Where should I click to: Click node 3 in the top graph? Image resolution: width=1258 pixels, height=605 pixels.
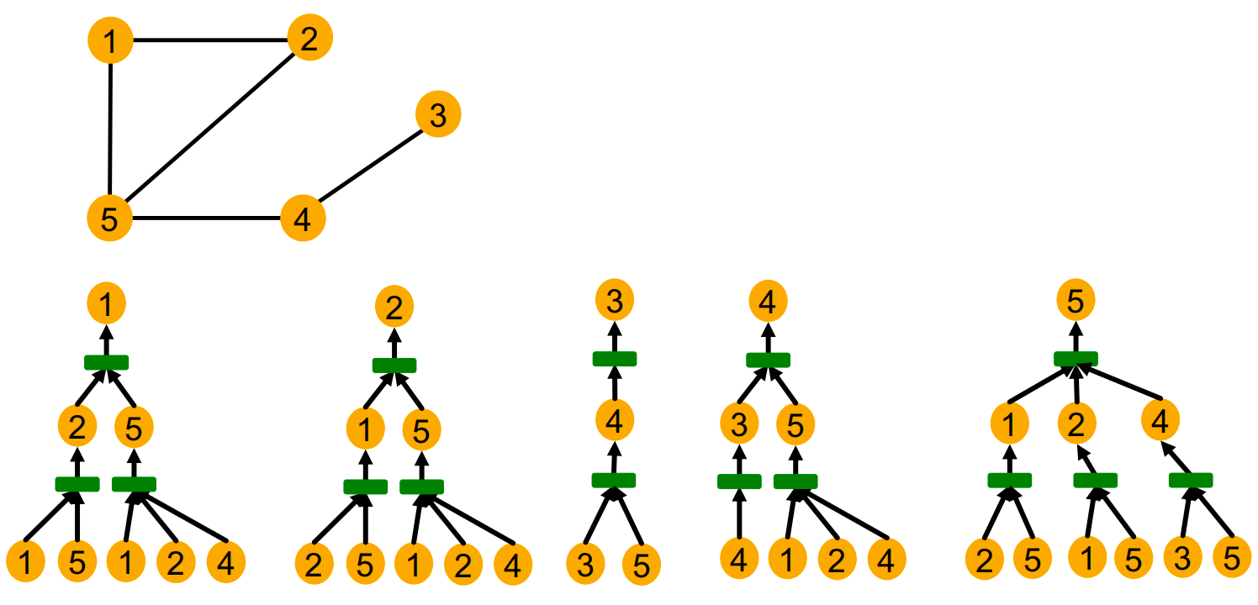tap(437, 115)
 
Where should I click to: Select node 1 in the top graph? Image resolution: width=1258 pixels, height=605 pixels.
tap(110, 39)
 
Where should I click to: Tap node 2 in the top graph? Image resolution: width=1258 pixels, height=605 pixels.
tap(309, 39)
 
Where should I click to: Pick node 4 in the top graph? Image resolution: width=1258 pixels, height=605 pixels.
tap(303, 219)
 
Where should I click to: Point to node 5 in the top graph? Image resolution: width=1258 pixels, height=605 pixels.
tap(110, 219)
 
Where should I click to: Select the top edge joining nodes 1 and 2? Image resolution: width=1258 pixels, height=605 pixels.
tap(210, 39)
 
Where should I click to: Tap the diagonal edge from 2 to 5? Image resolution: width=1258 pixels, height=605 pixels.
tap(210, 129)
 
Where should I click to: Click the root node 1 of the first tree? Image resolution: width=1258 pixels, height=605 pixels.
tap(106, 306)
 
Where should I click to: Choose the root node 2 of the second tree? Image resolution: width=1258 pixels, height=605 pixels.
tap(394, 308)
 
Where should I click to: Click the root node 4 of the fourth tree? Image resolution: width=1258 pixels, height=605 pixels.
tap(767, 303)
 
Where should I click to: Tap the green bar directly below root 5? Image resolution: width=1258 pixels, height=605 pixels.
tap(1076, 359)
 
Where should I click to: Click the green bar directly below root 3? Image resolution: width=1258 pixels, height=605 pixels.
tap(615, 359)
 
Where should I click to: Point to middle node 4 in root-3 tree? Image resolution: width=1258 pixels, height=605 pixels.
tap(615, 421)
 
